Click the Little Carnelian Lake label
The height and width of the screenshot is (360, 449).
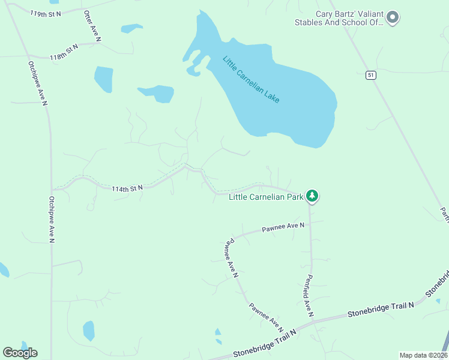point(252,79)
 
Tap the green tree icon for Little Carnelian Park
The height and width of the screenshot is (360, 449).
point(312,196)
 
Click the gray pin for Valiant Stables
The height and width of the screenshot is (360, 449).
point(393,17)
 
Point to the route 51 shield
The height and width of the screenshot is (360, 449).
point(372,75)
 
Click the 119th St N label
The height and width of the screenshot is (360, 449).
point(46,13)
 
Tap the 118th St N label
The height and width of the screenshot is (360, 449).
point(64,52)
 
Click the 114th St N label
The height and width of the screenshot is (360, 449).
point(127,188)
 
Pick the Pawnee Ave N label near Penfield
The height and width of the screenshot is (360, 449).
point(283,227)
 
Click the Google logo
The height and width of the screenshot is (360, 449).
point(20,352)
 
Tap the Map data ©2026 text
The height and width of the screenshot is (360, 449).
point(423,355)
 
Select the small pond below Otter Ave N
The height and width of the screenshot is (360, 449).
point(104,79)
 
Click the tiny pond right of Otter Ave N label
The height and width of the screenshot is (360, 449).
point(131,28)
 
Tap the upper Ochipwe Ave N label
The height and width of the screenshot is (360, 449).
point(37,83)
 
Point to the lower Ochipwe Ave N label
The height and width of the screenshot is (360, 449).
point(52,220)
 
